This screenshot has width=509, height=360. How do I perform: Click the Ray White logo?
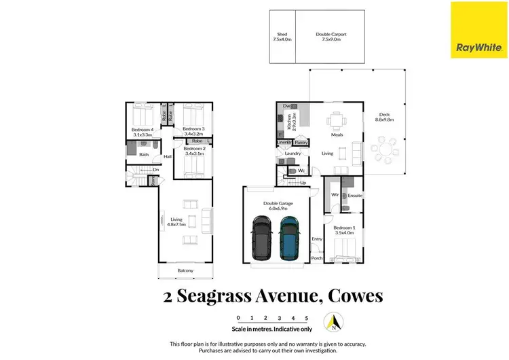(x=478, y=29)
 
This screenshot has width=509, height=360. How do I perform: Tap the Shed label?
(x=282, y=34)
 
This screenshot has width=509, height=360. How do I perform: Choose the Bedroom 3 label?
(x=194, y=128)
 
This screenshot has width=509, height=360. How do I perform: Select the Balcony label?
(x=185, y=271)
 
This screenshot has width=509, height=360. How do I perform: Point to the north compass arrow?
(x=333, y=320)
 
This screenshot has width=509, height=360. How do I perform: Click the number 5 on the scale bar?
(x=307, y=318)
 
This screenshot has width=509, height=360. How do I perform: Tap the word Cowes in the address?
(x=355, y=296)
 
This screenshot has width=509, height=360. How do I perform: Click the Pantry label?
(x=302, y=143)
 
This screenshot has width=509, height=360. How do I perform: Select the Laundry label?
(x=293, y=154)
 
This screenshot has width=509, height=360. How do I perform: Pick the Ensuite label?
(x=356, y=196)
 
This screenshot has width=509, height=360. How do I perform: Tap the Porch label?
(x=316, y=258)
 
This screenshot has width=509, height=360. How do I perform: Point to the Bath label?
(x=144, y=155)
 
